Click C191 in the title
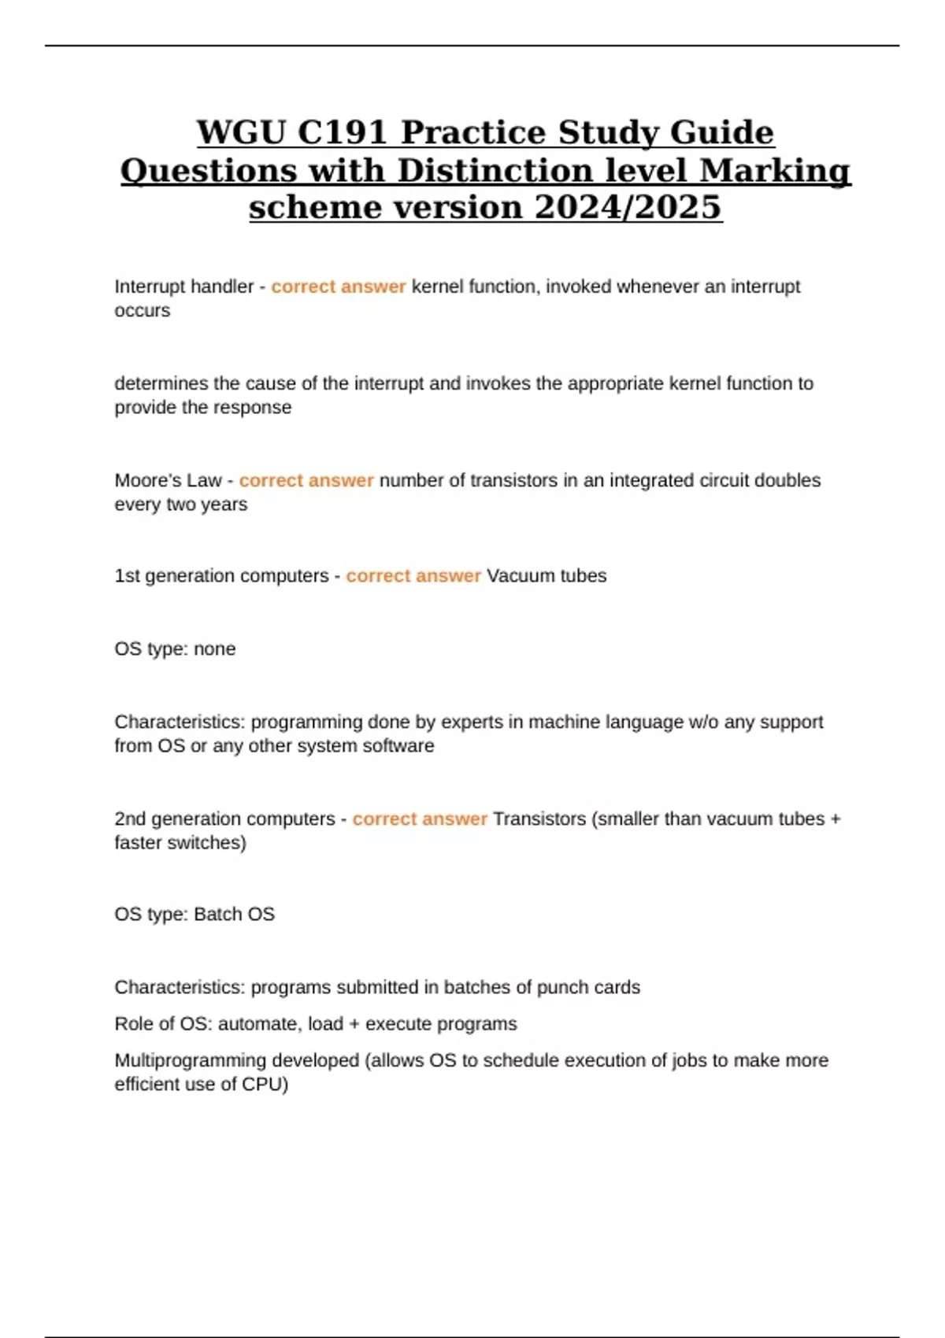tap(342, 132)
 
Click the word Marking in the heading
tap(775, 170)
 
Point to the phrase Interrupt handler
tap(183, 286)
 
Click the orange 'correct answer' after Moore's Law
tap(306, 480)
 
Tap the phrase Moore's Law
tap(168, 480)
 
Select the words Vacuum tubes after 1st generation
tap(547, 576)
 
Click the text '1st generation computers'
tap(221, 576)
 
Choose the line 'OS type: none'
tap(175, 649)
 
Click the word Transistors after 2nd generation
tap(539, 819)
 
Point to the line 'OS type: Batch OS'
tap(195, 915)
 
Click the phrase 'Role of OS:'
tap(163, 1024)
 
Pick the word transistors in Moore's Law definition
tap(514, 480)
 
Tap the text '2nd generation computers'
tap(224, 819)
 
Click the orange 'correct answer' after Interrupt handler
tap(338, 286)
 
